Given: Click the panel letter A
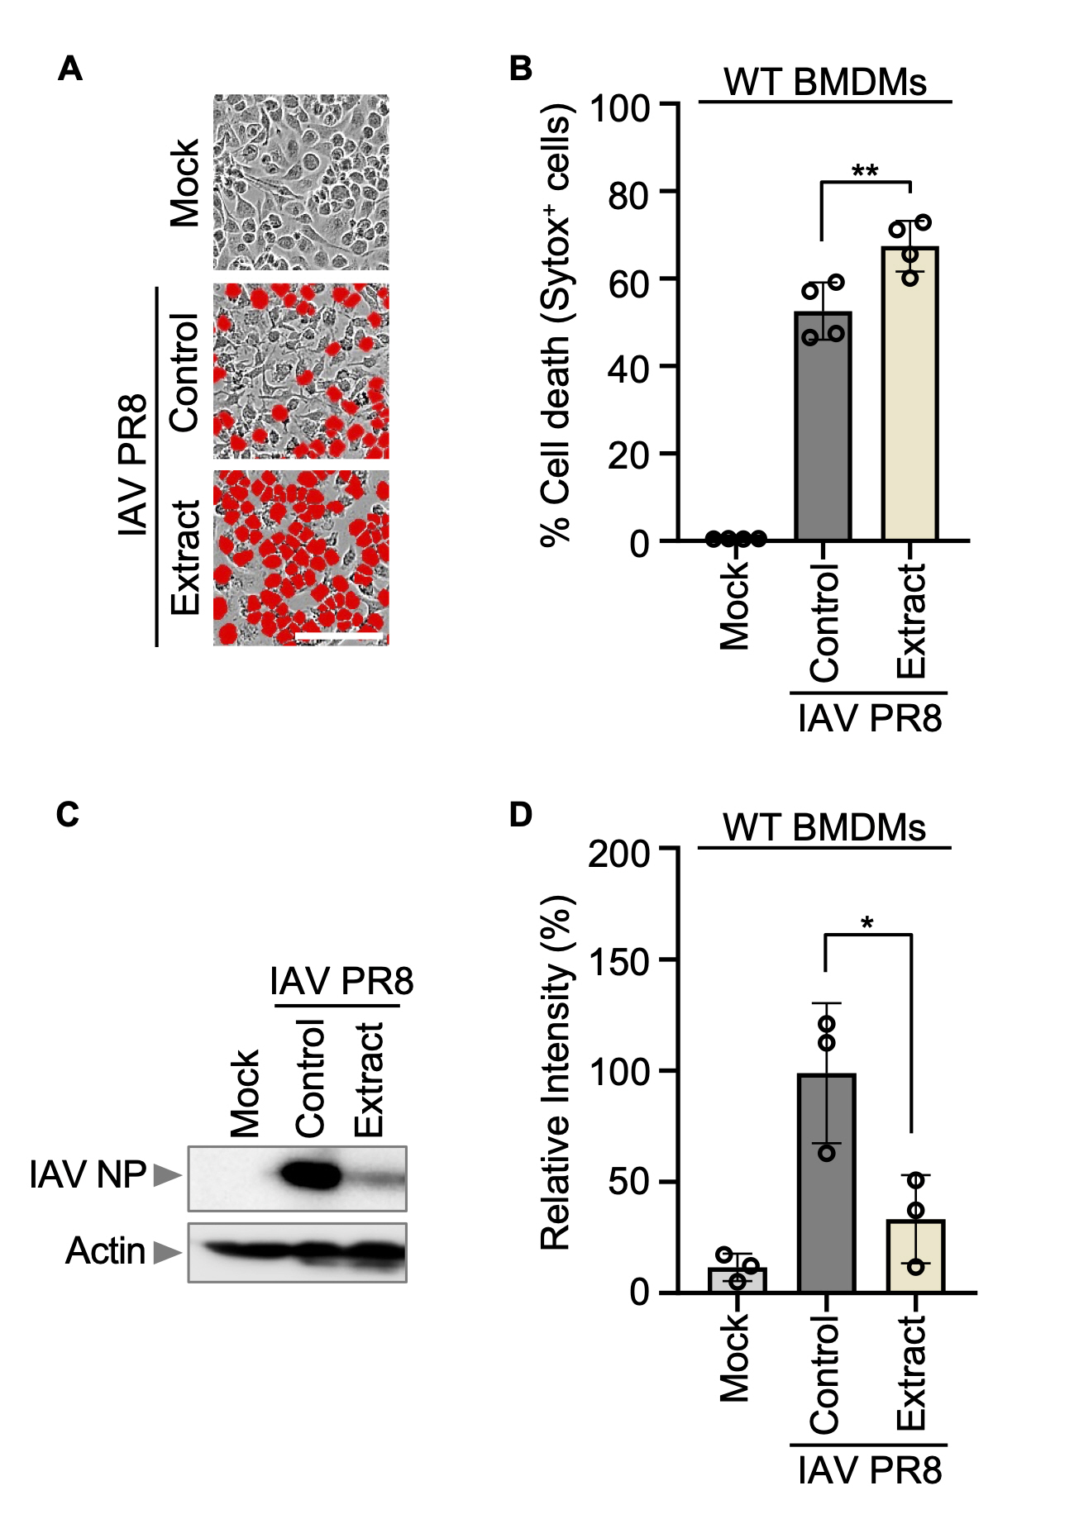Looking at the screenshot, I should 70,69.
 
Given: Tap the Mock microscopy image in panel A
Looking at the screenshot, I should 301,182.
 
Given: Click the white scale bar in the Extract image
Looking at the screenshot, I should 339,637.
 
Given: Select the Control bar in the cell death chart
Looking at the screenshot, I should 823,430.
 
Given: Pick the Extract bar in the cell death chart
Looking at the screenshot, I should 910,397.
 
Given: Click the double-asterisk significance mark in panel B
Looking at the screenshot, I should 865,172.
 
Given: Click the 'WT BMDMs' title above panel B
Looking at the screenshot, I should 825,83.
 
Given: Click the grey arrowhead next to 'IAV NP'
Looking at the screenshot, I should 168,1175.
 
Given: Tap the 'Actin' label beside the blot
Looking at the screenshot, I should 105,1251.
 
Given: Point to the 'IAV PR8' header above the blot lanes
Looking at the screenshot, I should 341,982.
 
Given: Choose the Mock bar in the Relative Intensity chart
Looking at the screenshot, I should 738,1280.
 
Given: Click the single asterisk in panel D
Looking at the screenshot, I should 867,923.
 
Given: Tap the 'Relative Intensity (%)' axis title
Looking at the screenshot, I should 556,1073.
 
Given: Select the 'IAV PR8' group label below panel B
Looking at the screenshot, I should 870,718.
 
